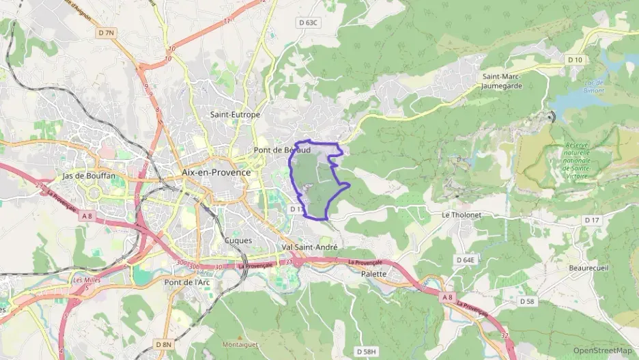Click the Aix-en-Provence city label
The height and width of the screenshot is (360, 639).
(x=216, y=173)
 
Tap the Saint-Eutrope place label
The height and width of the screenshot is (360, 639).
(x=235, y=115)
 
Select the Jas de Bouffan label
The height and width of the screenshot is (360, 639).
(x=89, y=176)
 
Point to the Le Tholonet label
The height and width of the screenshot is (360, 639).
(x=461, y=214)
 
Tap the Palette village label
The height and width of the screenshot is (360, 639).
(x=373, y=274)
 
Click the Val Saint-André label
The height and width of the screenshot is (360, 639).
(x=309, y=247)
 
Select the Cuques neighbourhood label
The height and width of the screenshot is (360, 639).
(x=238, y=240)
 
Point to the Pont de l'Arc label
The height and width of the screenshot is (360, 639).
(x=187, y=281)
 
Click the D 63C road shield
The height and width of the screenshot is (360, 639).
(x=309, y=23)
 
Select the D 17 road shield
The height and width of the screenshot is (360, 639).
(x=591, y=220)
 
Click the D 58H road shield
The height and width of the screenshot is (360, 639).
(x=367, y=351)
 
